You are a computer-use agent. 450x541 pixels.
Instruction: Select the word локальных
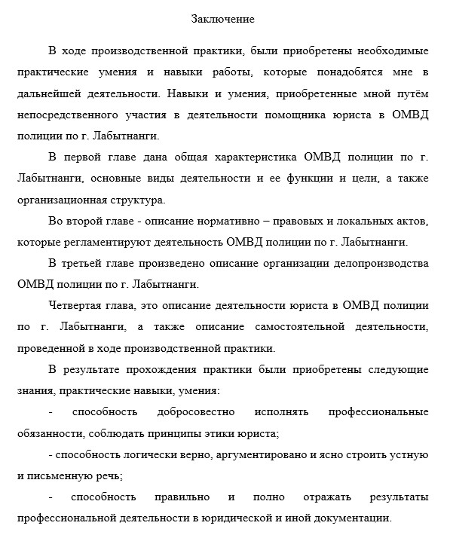coord(363,222)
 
